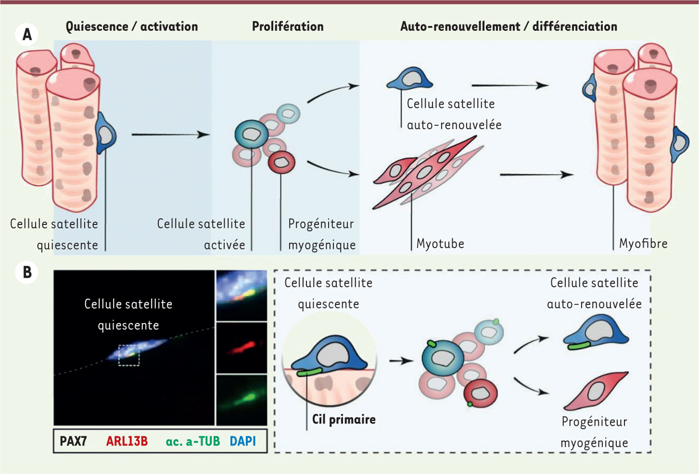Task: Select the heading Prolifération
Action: [x=288, y=27]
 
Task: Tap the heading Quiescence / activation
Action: [x=132, y=27]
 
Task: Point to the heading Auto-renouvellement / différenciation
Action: [x=509, y=27]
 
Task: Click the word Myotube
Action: [x=441, y=243]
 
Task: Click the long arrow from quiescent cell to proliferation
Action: [x=171, y=135]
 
